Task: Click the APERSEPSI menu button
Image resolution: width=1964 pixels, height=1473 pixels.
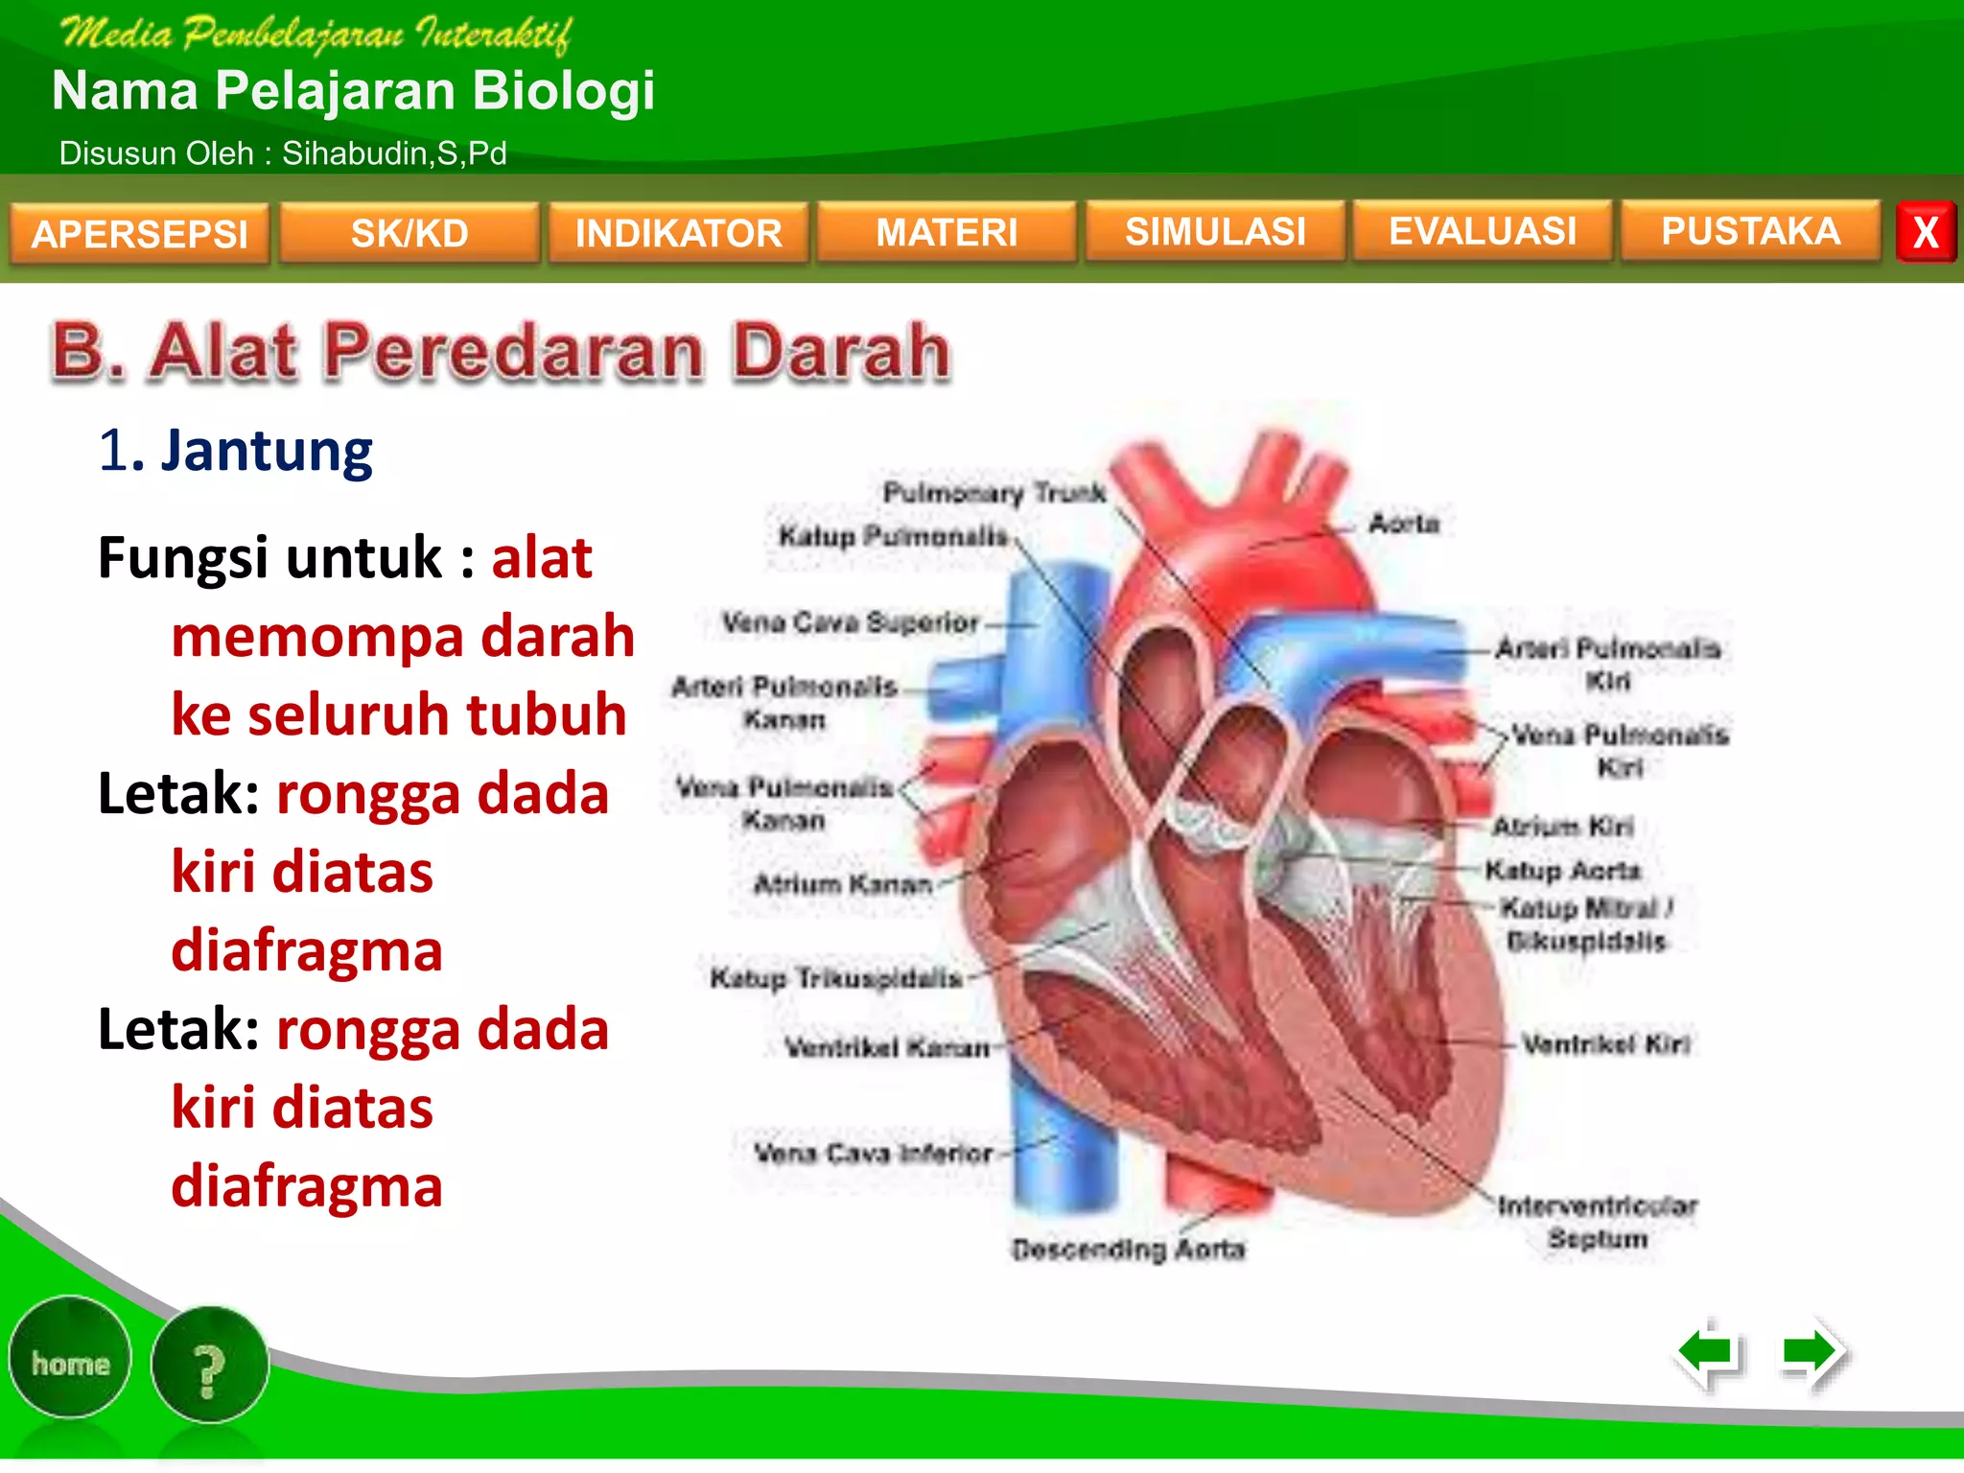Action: point(139,233)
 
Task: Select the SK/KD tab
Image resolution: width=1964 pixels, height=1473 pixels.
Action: point(409,233)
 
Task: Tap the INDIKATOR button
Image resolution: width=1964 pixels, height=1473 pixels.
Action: point(678,233)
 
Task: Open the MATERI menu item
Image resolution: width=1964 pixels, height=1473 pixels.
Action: point(947,232)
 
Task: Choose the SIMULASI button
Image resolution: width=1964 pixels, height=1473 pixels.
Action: point(1215,231)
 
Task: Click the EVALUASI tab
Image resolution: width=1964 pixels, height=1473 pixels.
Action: point(1483,230)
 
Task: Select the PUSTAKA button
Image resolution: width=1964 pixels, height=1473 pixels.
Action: point(1750,230)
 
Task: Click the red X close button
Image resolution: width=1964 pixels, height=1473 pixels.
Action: point(1926,232)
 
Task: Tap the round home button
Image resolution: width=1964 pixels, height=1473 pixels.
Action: point(70,1362)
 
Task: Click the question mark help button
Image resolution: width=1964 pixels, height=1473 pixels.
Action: point(209,1368)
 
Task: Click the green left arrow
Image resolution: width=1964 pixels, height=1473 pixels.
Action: point(1709,1353)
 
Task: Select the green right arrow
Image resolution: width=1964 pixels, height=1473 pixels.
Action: point(1811,1353)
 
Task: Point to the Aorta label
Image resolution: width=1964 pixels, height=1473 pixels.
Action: point(1404,524)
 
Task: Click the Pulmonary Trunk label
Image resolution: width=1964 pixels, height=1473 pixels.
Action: point(994,493)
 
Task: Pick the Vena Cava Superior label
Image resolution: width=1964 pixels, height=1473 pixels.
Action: point(851,622)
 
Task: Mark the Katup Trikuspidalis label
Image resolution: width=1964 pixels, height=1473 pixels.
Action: point(836,978)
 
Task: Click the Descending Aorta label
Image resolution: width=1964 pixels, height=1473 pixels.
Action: point(1129,1250)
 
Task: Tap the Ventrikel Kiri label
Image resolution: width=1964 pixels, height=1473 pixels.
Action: point(1606,1043)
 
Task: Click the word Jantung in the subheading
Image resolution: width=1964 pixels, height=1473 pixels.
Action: point(267,451)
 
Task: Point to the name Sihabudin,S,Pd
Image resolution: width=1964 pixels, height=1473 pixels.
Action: point(394,153)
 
